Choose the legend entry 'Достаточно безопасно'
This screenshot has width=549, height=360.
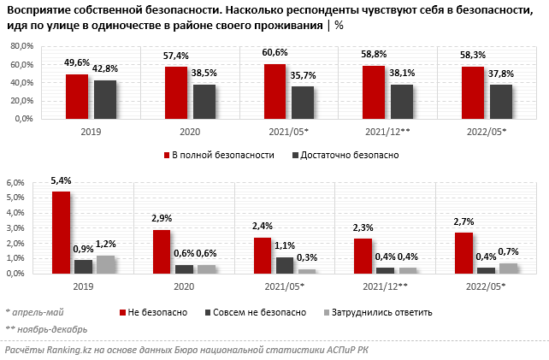pyautogui.click(x=351, y=155)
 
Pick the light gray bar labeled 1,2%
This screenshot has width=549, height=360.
pyautogui.click(x=105, y=264)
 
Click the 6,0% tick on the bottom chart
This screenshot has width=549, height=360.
pyautogui.click(x=15, y=183)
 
